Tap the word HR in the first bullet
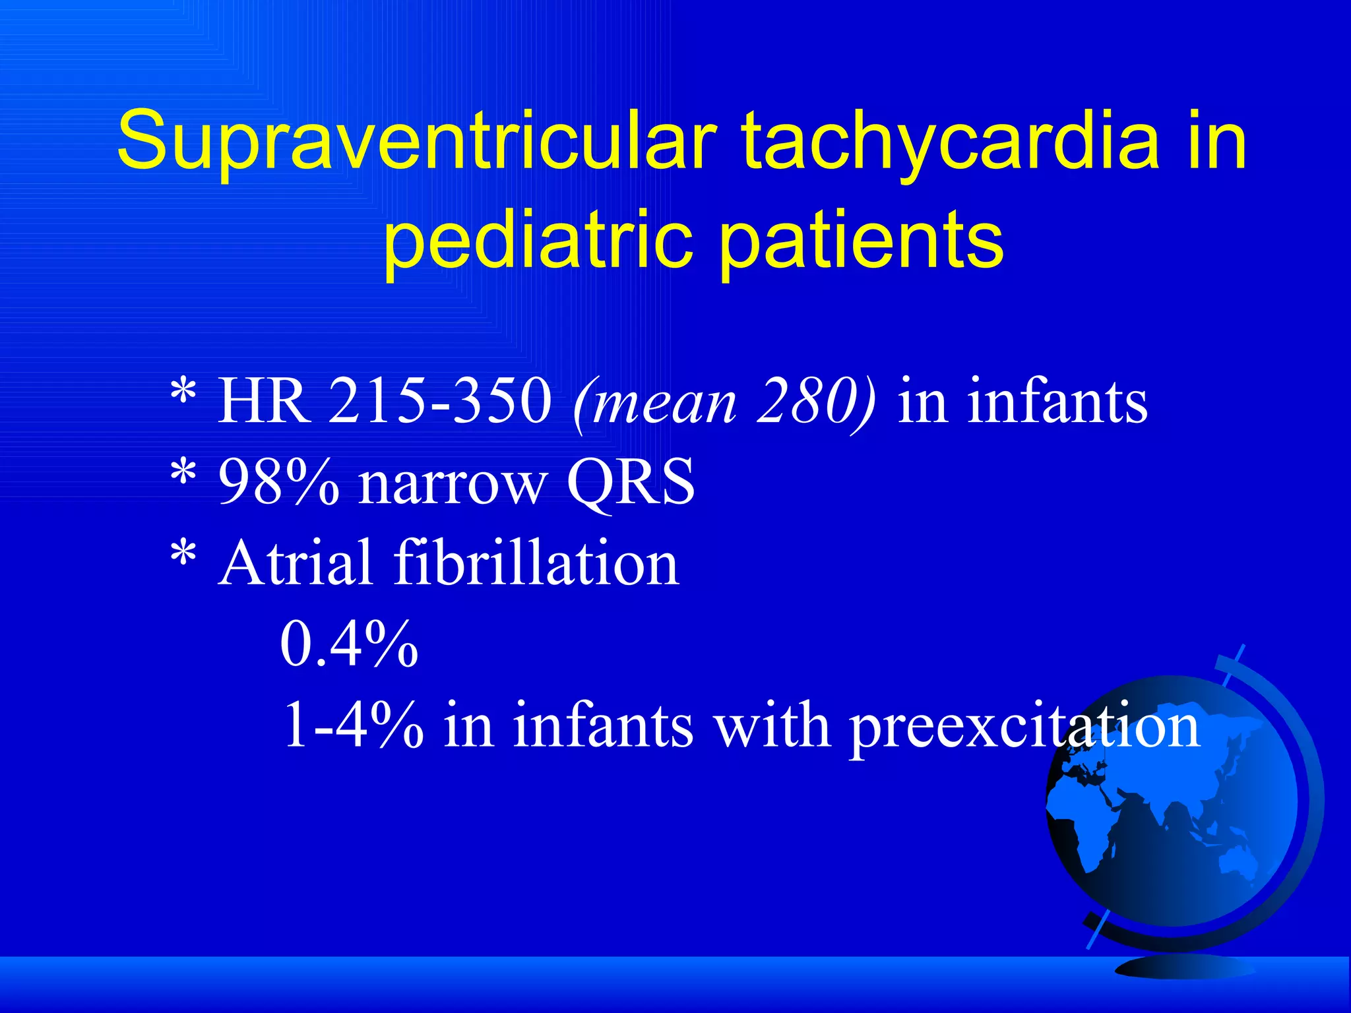[x=264, y=401]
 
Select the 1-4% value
[x=353, y=725]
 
